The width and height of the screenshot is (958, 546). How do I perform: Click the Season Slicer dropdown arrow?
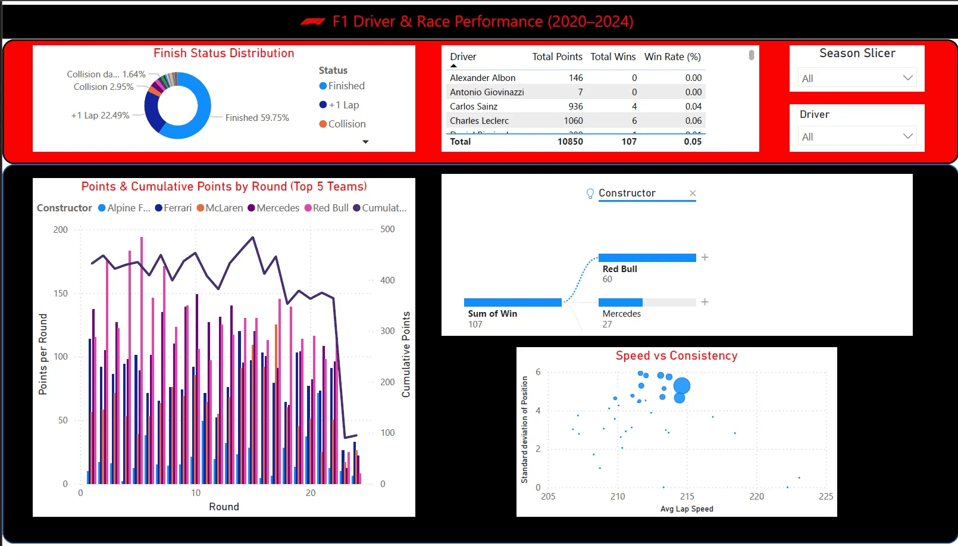point(907,78)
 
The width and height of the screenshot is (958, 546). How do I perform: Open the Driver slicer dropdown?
point(907,136)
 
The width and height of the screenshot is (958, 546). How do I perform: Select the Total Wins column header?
point(613,57)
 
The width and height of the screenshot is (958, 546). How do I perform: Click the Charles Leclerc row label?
point(479,120)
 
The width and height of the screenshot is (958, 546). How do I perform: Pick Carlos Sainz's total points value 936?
point(575,106)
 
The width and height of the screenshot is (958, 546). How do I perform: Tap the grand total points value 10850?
point(570,141)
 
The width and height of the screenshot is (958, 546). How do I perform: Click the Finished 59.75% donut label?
point(257,117)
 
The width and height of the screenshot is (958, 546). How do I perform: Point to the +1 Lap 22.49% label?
point(100,115)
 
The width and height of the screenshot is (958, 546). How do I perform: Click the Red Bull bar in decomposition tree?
point(647,258)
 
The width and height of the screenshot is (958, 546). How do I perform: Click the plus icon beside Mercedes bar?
point(705,302)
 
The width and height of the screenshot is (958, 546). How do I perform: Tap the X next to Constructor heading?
point(693,193)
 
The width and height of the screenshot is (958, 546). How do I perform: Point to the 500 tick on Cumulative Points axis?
point(387,229)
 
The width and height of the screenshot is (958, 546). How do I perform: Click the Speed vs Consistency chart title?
point(677,355)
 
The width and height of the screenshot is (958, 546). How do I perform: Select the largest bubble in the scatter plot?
point(682,386)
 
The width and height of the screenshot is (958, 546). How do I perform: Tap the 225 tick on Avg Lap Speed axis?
point(825,496)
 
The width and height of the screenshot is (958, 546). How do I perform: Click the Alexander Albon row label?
point(483,77)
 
